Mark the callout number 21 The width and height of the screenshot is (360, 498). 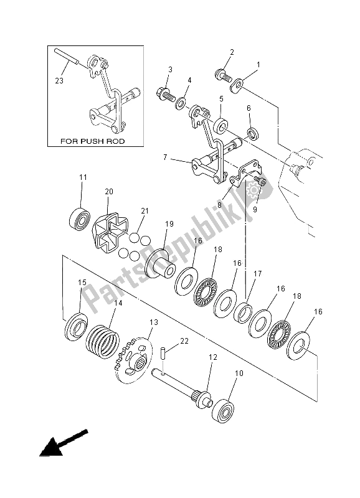coord(144,212)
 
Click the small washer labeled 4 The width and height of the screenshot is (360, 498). coord(182,101)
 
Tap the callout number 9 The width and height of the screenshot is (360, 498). coord(254,209)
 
